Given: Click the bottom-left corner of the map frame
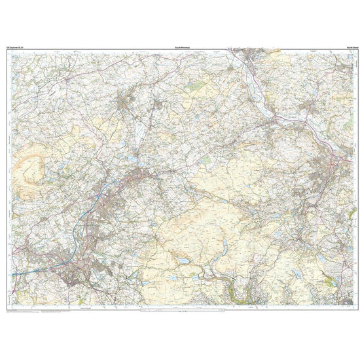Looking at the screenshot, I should [x=6, y=308].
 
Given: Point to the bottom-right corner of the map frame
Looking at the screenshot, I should [x=354, y=308].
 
